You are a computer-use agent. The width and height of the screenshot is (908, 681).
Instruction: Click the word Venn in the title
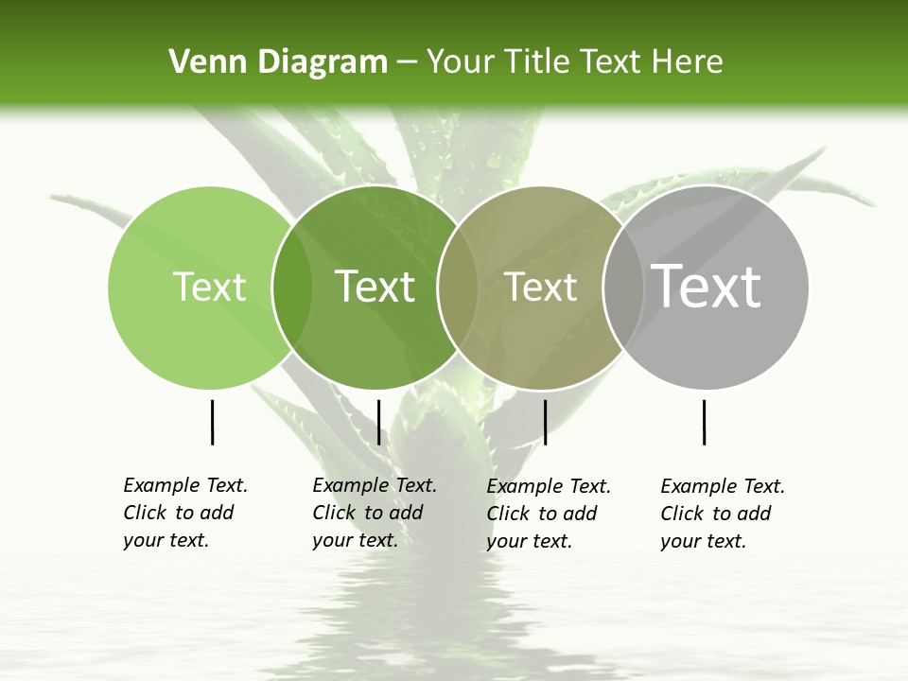click(201, 62)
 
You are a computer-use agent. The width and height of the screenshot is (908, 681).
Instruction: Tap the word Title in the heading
click(536, 62)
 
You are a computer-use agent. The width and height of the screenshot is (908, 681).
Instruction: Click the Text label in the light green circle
click(209, 287)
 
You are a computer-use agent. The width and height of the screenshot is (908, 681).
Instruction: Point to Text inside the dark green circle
click(375, 287)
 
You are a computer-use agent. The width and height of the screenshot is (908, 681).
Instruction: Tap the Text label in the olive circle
click(540, 287)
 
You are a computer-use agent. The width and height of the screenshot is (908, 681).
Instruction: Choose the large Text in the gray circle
click(707, 286)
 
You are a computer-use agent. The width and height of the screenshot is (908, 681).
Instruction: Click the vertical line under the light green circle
click(212, 422)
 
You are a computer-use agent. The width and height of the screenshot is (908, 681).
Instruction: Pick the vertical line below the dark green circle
click(378, 422)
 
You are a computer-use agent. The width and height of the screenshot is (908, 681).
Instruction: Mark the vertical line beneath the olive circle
click(545, 422)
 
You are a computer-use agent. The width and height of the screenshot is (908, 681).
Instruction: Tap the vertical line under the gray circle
click(704, 422)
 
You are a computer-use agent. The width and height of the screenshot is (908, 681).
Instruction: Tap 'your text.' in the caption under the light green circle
click(166, 540)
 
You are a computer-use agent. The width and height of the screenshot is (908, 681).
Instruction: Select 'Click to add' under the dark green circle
click(367, 513)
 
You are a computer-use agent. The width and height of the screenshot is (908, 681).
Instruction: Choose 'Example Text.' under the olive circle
click(549, 486)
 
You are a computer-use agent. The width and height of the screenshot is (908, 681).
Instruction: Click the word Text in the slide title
click(614, 62)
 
